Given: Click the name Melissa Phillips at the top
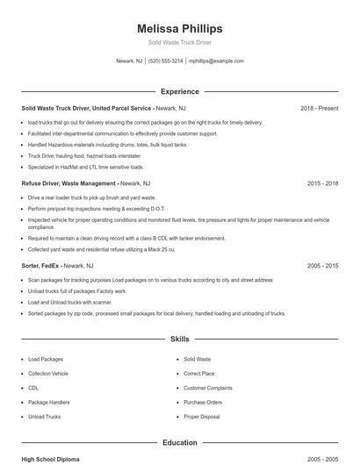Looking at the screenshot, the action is tap(180, 28).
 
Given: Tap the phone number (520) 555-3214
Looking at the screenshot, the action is tap(166, 61).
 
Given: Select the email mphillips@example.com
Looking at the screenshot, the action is tap(216, 61).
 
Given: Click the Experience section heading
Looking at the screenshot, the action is tap(180, 91).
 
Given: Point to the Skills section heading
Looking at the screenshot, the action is tap(180, 338).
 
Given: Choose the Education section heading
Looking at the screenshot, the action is tap(180, 443).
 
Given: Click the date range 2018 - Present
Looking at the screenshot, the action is tap(319, 109).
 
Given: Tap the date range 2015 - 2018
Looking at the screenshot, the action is tap(322, 184).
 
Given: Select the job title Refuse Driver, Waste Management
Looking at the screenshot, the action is tap(68, 184).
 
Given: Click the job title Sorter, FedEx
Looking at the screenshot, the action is tap(42, 265).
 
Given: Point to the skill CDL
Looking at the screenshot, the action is tap(33, 387).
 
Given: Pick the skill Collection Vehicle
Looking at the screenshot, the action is tap(48, 373).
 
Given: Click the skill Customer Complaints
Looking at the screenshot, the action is tap(208, 387).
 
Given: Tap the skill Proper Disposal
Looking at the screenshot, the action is tap(201, 417).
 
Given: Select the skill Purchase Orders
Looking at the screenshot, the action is tap(203, 402).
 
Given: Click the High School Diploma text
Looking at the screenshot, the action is tap(52, 459).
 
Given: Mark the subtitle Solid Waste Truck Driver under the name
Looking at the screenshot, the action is tap(180, 42).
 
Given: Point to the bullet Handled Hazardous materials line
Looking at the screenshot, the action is tap(108, 145).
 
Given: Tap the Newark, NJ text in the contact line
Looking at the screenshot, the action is tap(128, 61).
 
